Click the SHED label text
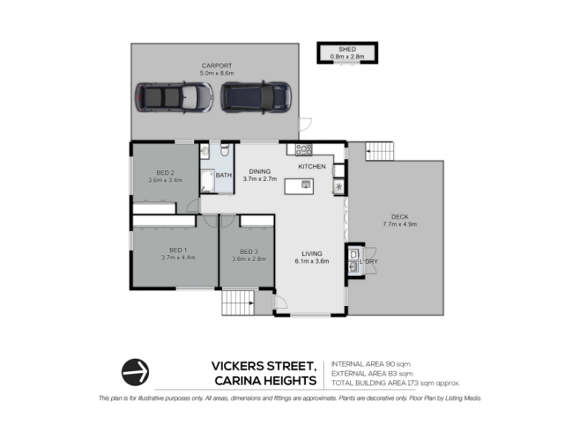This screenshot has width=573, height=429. click(347, 49)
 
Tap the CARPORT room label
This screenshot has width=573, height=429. click(217, 66)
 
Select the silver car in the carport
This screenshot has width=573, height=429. click(174, 98)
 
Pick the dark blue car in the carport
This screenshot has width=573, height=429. click(256, 98)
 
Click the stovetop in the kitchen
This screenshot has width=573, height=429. click(304, 149)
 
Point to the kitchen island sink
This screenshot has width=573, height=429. click(307, 184)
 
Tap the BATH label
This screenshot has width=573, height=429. click(223, 175)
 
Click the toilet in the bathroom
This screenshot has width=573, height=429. click(224, 149)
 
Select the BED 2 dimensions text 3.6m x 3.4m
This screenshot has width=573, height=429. click(165, 180)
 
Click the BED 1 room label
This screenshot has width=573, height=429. click(178, 250)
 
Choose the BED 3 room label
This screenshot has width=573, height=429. click(249, 252)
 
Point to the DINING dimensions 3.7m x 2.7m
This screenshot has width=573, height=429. click(260, 179)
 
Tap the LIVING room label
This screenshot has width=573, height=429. click(312, 254)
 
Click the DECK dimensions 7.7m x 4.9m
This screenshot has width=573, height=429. click(400, 225)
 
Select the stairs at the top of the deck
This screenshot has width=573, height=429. click(380, 151)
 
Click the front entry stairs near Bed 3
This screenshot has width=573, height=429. click(238, 302)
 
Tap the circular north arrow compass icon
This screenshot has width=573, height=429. click(135, 372)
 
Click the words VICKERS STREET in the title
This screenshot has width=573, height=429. click(264, 366)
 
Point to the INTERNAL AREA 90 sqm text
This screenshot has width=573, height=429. click(370, 364)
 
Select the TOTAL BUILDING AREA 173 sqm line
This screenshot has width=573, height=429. click(395, 383)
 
